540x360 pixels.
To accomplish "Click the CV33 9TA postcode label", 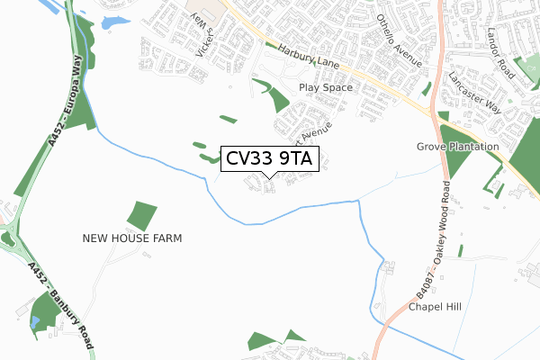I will (269, 159).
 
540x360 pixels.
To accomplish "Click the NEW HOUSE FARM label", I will (132, 238).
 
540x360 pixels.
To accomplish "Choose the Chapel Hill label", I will (435, 307).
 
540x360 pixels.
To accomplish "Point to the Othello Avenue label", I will (400, 41).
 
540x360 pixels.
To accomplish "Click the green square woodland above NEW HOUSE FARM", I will (142, 216).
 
